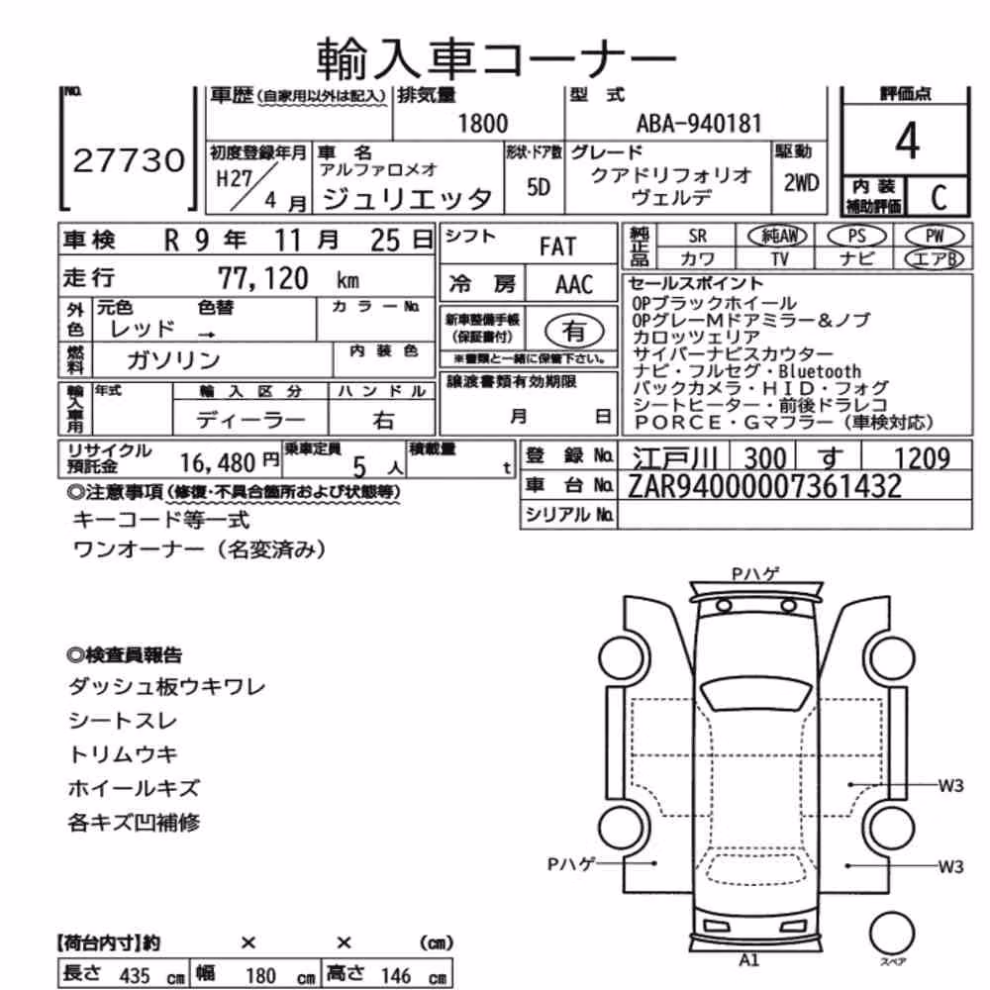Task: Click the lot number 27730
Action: pyautogui.click(x=129, y=160)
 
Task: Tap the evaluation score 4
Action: pyautogui.click(x=907, y=141)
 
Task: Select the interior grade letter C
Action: pyautogui.click(x=939, y=198)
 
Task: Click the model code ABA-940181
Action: pyautogui.click(x=699, y=124)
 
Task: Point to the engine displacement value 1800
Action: pyautogui.click(x=482, y=124)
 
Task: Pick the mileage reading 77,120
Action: pyautogui.click(x=263, y=278)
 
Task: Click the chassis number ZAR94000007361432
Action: pyautogui.click(x=764, y=486)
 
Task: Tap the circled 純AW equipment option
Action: pyautogui.click(x=777, y=236)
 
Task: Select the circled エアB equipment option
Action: pyautogui.click(x=934, y=258)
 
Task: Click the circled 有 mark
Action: pyautogui.click(x=573, y=331)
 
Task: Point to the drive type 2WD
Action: pyautogui.click(x=801, y=183)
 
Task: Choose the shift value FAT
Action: pyautogui.click(x=557, y=247)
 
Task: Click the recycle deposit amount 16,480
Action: pyautogui.click(x=217, y=463)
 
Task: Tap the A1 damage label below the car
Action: pyautogui.click(x=748, y=960)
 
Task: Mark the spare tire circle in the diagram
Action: pyautogui.click(x=892, y=933)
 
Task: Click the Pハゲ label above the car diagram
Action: pyautogui.click(x=755, y=574)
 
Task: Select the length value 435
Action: pyautogui.click(x=135, y=975)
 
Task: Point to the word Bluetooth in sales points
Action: pyautogui.click(x=820, y=371)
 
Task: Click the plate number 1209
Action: pyautogui.click(x=922, y=457)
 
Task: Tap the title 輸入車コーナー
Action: pyautogui.click(x=496, y=59)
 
